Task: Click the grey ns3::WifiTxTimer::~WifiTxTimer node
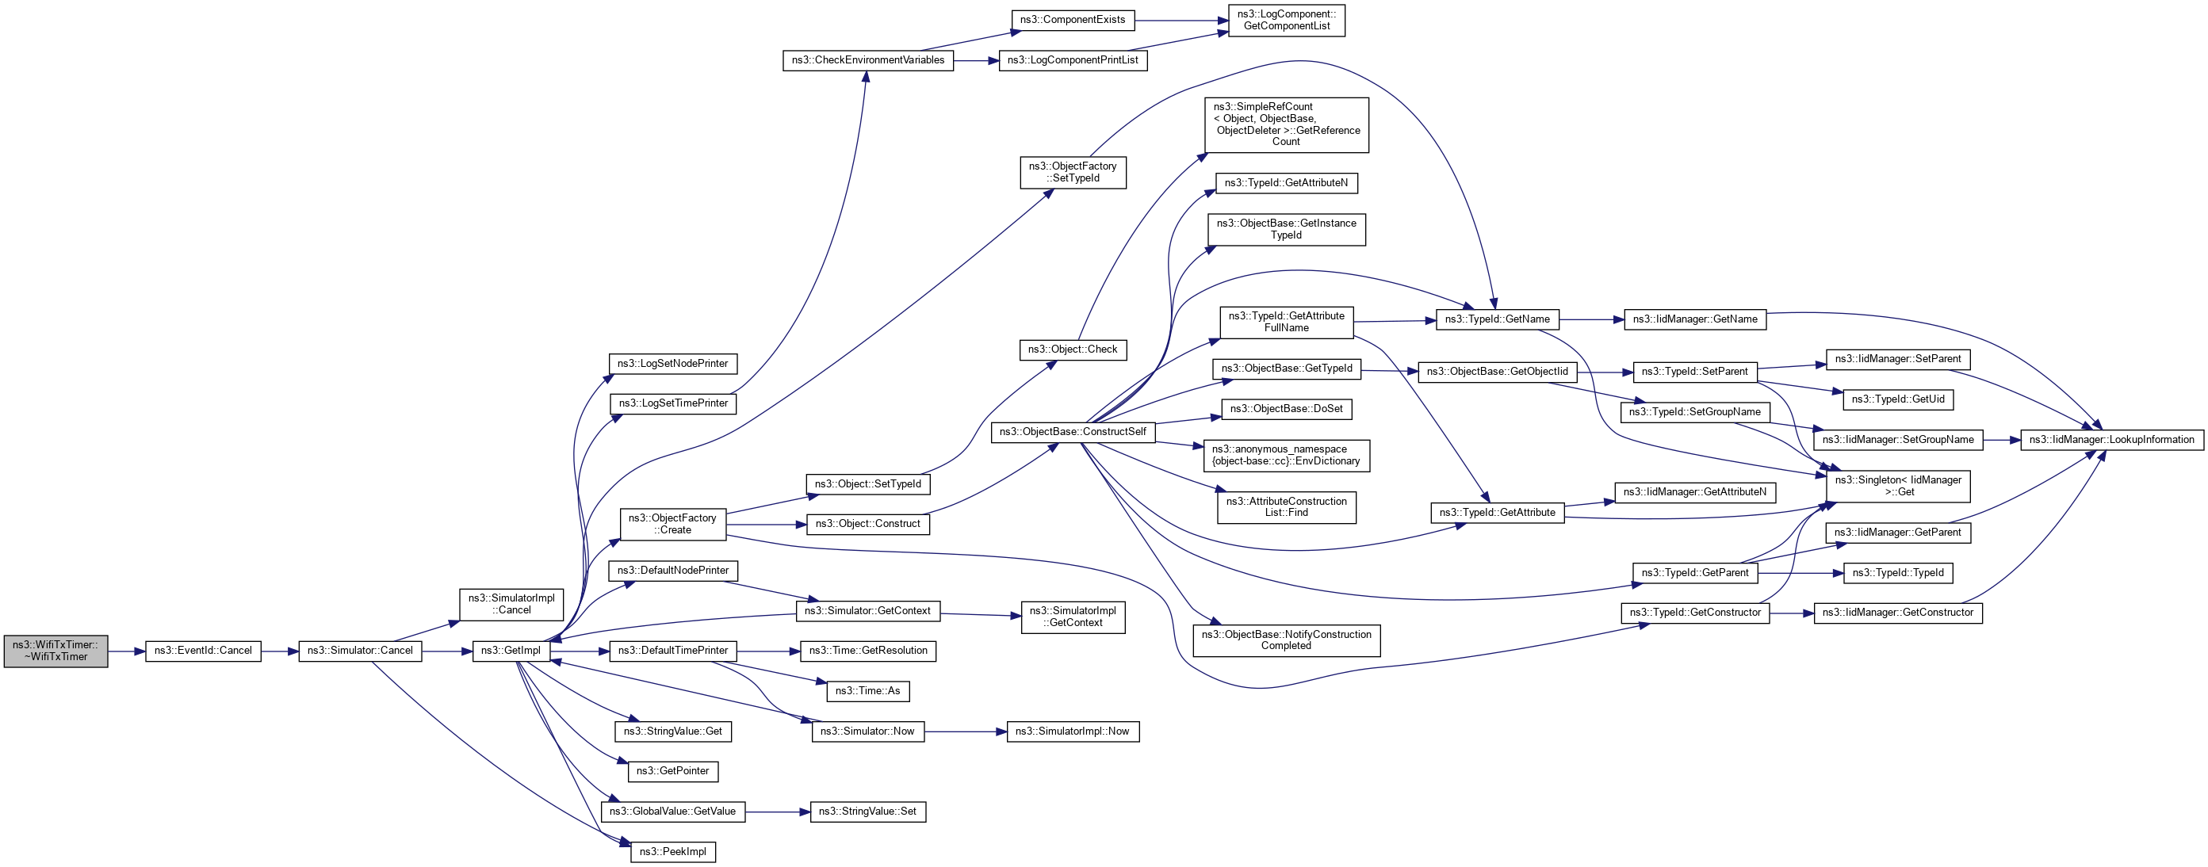(x=55, y=651)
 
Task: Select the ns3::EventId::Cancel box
(x=203, y=651)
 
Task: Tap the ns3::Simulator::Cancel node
(x=360, y=651)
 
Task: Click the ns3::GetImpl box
(x=511, y=651)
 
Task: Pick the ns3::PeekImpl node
(x=673, y=853)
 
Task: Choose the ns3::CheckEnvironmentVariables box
(x=867, y=61)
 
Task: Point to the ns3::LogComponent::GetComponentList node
(x=1287, y=21)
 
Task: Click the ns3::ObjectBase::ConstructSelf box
(x=1072, y=433)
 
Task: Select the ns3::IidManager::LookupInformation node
(x=2112, y=441)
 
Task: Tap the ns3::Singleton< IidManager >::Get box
(x=1898, y=487)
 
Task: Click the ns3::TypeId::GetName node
(x=1498, y=319)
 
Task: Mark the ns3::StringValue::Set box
(x=867, y=812)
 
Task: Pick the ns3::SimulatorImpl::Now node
(x=1072, y=731)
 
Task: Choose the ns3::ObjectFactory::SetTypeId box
(x=1072, y=172)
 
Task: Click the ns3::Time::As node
(x=867, y=691)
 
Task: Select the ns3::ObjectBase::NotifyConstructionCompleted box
(x=1286, y=640)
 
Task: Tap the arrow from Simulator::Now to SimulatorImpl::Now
(x=965, y=731)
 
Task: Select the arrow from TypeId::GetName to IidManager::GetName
(x=1591, y=319)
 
